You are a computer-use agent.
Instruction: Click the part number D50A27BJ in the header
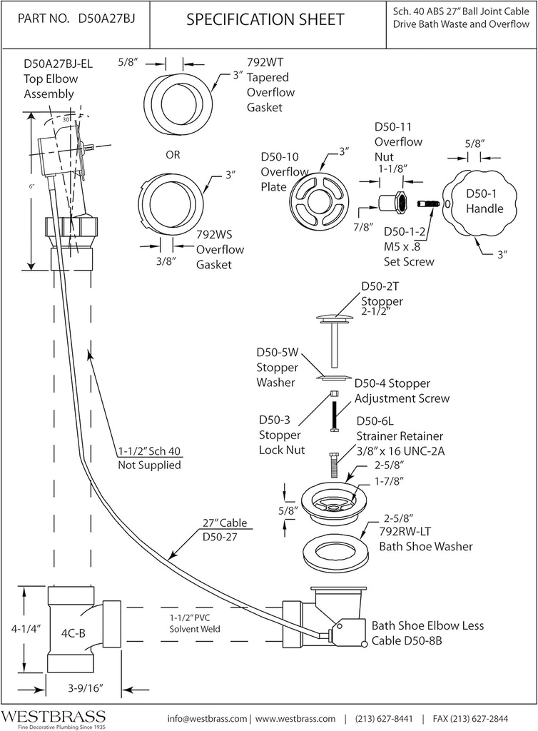(106, 21)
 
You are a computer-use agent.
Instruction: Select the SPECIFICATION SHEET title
(265, 20)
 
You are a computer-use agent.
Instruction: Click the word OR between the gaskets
(173, 154)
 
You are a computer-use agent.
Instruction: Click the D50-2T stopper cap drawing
(334, 316)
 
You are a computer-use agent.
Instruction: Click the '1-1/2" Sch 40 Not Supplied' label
(149, 458)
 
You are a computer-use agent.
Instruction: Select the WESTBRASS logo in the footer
(53, 716)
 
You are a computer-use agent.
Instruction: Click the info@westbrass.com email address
(207, 718)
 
